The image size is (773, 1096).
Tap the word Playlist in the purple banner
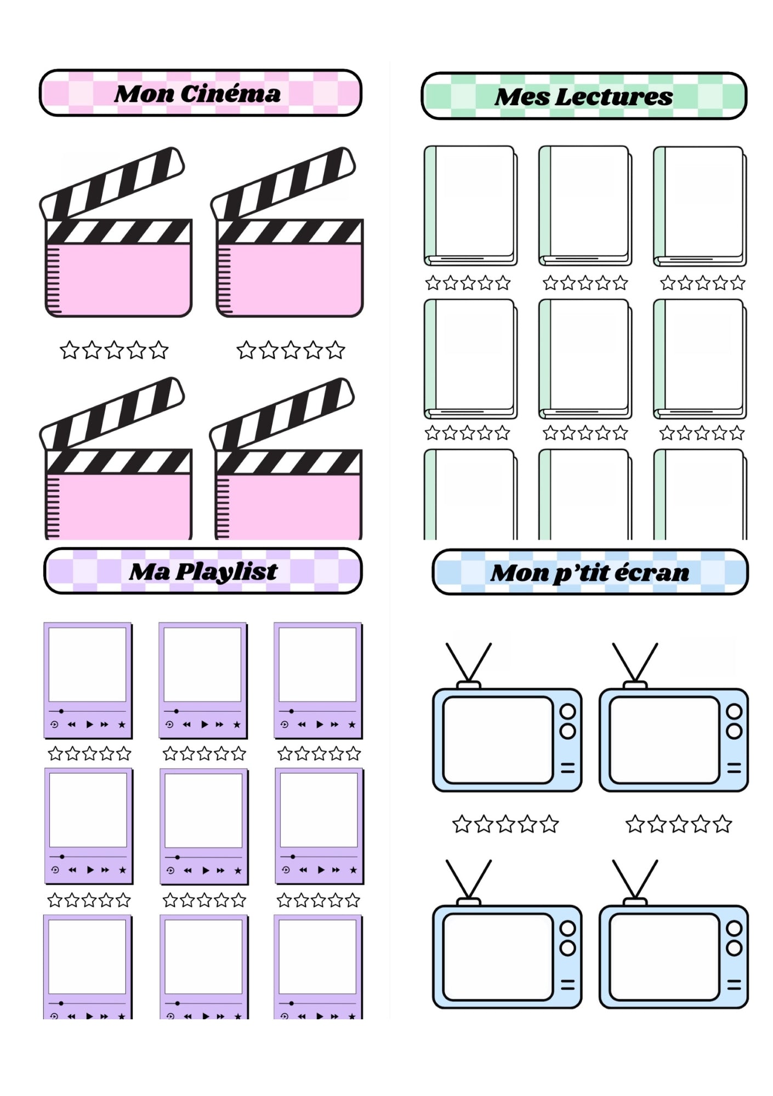[226, 572]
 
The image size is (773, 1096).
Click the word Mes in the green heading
[521, 97]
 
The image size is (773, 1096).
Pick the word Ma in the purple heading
[150, 572]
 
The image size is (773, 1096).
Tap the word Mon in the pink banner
[144, 94]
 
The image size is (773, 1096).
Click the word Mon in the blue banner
[519, 573]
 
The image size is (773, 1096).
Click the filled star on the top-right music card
[352, 724]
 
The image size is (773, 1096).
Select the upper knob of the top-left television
[567, 711]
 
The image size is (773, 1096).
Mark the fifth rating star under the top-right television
[723, 824]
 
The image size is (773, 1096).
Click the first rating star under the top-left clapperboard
[69, 350]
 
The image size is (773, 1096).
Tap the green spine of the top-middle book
[544, 203]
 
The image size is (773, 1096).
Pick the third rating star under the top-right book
[702, 283]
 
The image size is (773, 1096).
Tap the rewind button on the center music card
[188, 870]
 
